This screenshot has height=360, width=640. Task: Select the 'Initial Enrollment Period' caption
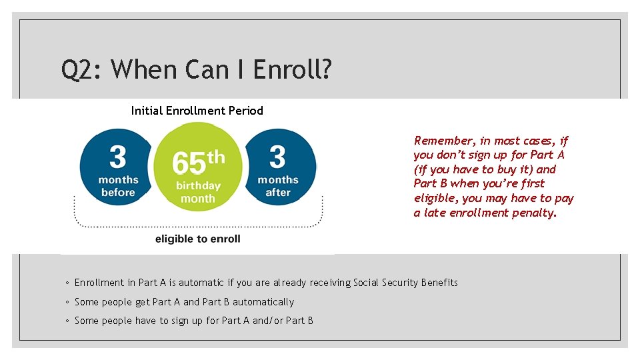coord(197,111)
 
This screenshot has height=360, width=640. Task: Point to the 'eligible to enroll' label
coord(197,239)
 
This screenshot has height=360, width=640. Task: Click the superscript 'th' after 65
coord(215,157)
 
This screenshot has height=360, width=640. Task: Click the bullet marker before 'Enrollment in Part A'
coord(67,283)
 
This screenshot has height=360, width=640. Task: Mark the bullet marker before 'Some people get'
coord(67,303)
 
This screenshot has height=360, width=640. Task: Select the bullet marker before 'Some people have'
coord(67,321)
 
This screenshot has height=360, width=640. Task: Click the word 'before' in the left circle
coord(118,193)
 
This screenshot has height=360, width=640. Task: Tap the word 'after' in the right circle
coord(278,193)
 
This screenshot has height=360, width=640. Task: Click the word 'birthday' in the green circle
coord(198,186)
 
